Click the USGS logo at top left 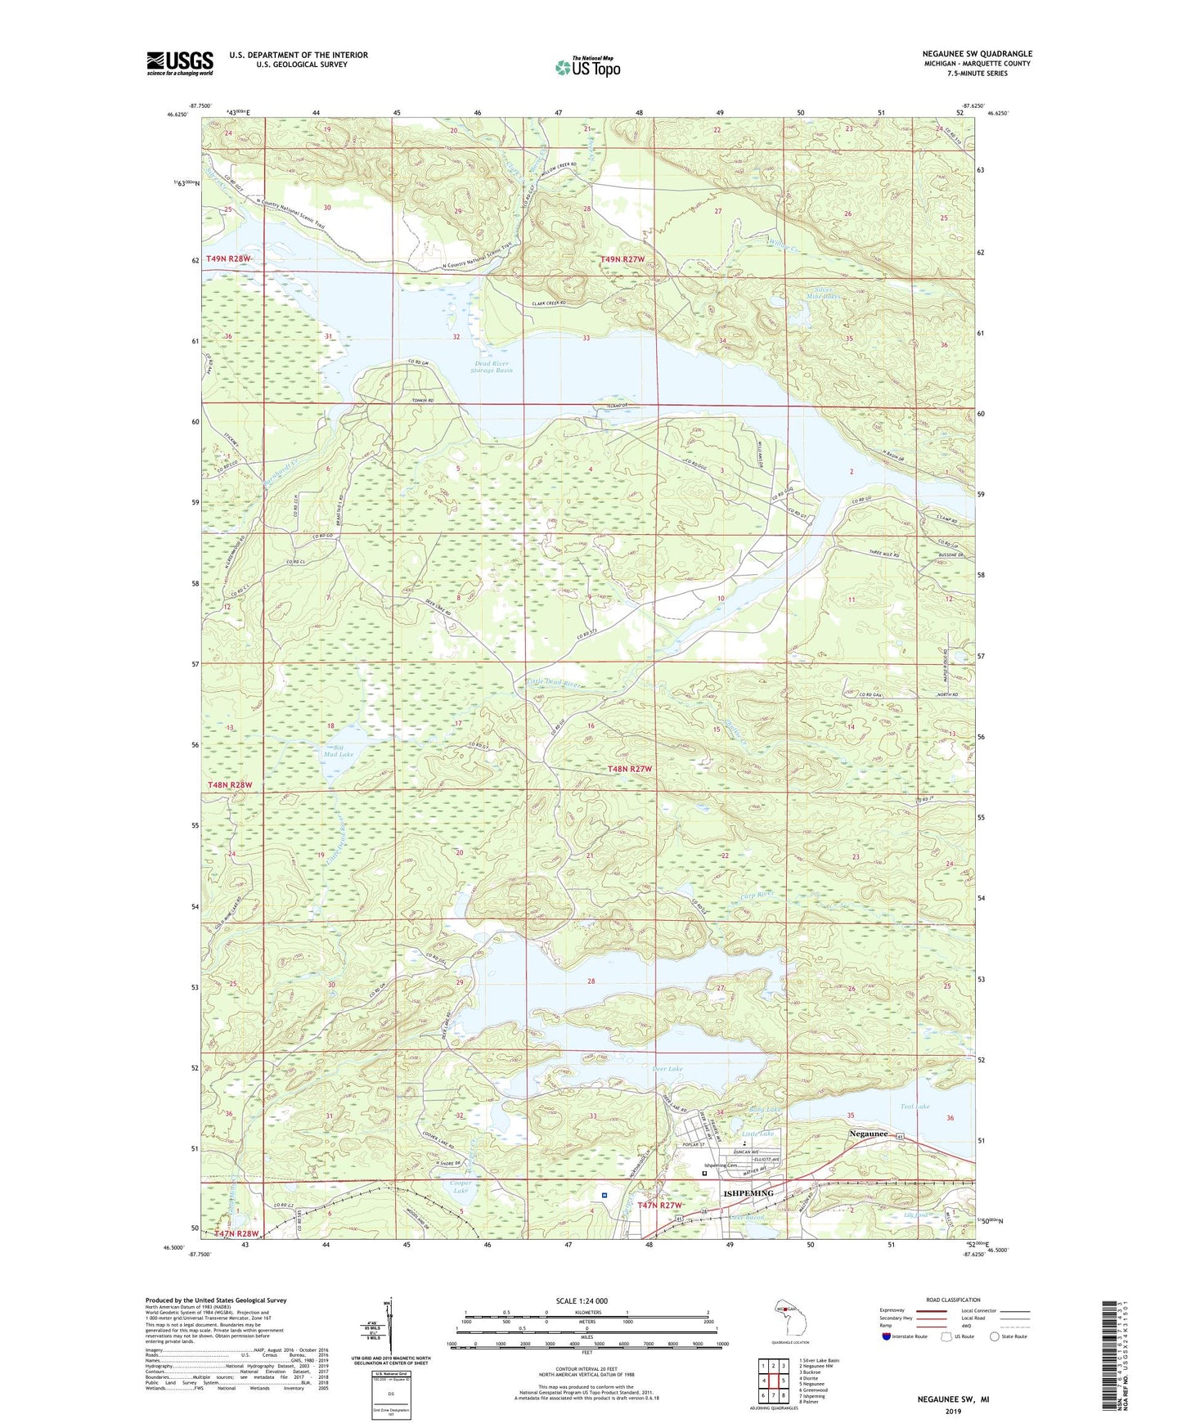click(179, 63)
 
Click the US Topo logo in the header click(587, 67)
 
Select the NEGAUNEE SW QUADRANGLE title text click(977, 54)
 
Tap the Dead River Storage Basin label click(492, 367)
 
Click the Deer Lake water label click(667, 1069)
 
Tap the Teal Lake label click(915, 1107)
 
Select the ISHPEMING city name click(748, 1193)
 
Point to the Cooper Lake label click(461, 1187)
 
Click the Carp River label click(756, 895)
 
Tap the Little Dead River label click(554, 683)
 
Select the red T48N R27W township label click(630, 769)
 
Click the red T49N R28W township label click(228, 258)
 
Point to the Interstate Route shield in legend click(888, 1336)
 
